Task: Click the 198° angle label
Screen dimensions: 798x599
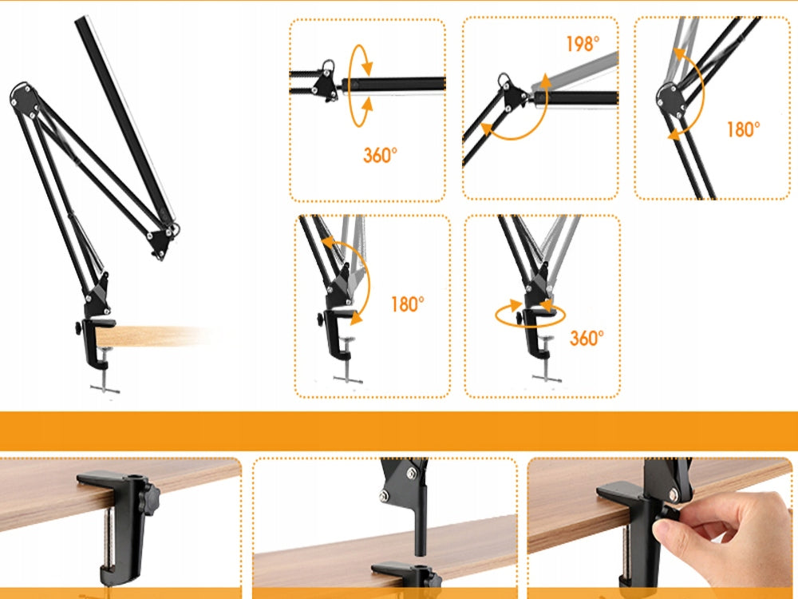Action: pos(583,44)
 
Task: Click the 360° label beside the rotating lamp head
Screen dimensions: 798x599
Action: pos(380,156)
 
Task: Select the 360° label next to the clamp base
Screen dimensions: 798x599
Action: pos(587,338)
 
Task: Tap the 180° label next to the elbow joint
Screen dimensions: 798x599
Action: pos(744,129)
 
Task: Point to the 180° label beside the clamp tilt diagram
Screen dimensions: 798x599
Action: pos(408,304)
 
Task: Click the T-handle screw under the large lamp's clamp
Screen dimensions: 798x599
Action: pos(105,372)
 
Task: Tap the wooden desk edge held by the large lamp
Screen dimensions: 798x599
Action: pos(152,336)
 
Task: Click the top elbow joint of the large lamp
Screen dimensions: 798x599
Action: pos(24,97)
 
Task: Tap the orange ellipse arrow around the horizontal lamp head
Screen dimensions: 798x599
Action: pos(360,85)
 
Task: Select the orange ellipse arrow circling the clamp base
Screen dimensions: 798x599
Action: pos(530,315)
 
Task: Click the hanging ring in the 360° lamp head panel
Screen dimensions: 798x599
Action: pos(329,66)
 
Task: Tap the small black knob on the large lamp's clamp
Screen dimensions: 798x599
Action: pos(77,328)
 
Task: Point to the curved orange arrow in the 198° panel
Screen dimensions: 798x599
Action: pos(516,115)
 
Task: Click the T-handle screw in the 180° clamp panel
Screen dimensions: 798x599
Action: pos(348,362)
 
